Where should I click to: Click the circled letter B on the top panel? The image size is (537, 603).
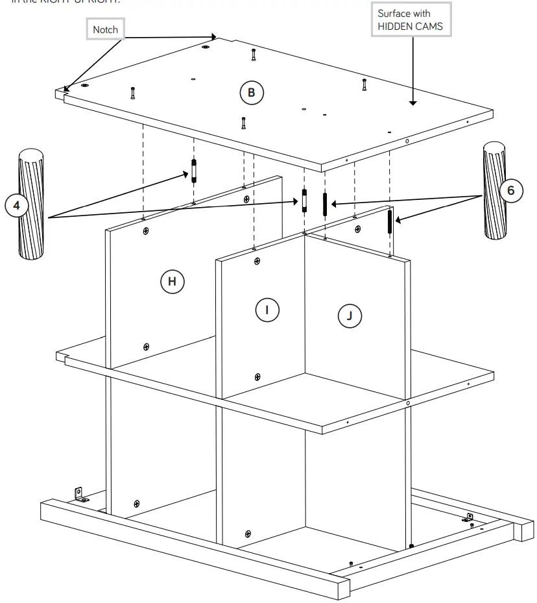[x=252, y=93]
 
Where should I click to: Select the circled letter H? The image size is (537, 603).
[x=172, y=281]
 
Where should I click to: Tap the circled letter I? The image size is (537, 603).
[x=267, y=309]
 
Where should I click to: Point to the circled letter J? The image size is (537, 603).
[x=350, y=315]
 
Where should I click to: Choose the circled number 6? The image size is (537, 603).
[x=511, y=191]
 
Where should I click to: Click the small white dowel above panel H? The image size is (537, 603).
[x=193, y=171]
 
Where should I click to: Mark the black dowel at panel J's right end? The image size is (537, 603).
[x=390, y=221]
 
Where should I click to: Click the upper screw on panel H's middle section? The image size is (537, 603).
[x=146, y=230]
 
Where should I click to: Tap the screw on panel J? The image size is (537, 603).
[x=357, y=228]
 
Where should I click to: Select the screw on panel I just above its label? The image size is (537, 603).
[x=257, y=261]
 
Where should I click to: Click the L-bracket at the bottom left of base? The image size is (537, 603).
[x=82, y=496]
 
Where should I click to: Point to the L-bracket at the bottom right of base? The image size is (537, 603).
[x=469, y=517]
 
